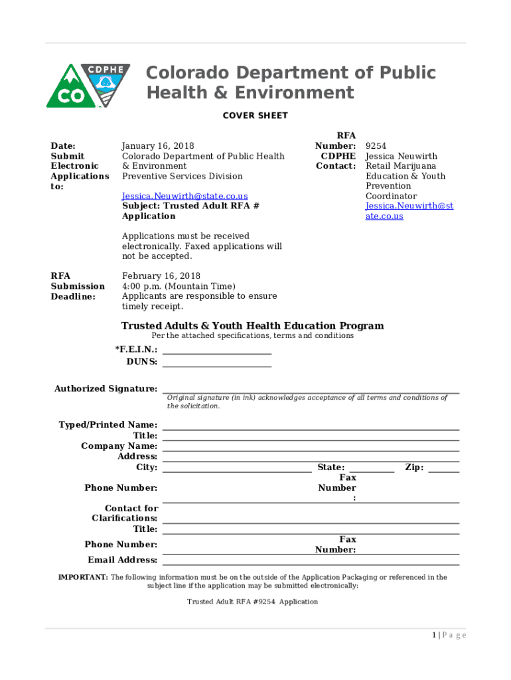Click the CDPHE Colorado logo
[88, 86]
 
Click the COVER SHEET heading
[255, 116]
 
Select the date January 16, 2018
[158, 146]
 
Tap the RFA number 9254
[376, 146]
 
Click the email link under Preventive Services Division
[184, 196]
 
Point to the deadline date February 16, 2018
[161, 276]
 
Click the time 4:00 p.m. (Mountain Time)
[179, 286]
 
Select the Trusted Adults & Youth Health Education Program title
[252, 325]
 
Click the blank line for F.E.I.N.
[217, 353]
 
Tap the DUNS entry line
[217, 365]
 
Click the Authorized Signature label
[106, 388]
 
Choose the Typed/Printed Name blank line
[311, 428]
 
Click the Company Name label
[119, 446]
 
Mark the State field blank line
[372, 470]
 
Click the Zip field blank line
[444, 470]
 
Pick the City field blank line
[237, 470]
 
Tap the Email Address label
[123, 560]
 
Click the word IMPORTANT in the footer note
[83, 577]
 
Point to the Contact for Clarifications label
[125, 513]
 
